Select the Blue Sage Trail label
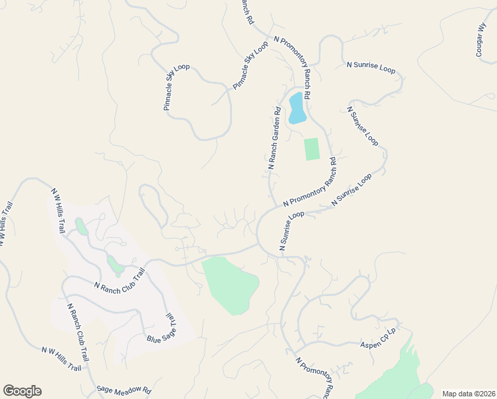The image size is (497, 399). (x=163, y=329)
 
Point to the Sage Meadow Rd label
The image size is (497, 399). (x=124, y=390)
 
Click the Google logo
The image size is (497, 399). (x=22, y=391)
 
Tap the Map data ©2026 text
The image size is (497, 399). (x=468, y=394)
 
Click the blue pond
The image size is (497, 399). (x=296, y=108)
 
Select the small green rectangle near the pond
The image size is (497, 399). (x=312, y=149)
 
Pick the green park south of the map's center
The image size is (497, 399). (x=229, y=285)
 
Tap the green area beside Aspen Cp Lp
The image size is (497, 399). (x=392, y=376)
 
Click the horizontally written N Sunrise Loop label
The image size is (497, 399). (x=371, y=67)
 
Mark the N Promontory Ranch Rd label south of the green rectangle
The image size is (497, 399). (x=310, y=182)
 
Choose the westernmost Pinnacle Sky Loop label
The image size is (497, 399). (x=177, y=87)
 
